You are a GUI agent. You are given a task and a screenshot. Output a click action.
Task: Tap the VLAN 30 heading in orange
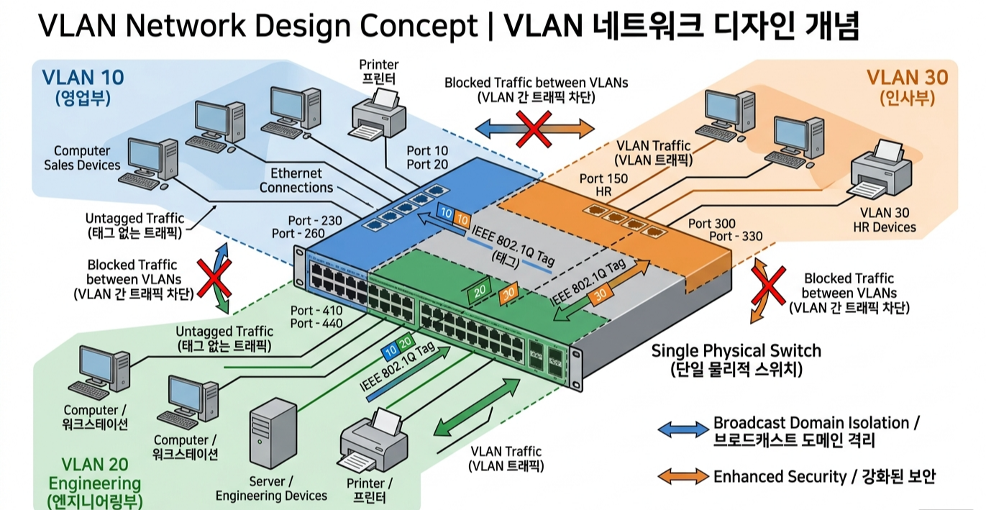coord(907,77)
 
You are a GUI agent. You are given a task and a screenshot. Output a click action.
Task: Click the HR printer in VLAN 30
coord(881,172)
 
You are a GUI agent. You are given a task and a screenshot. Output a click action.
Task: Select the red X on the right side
coord(768,286)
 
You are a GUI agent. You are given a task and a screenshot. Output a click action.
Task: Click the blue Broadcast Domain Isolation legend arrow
coord(683,429)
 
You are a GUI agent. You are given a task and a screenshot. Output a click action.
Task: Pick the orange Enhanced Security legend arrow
coord(683,476)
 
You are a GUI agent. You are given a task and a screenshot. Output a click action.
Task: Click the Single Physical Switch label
coord(736,351)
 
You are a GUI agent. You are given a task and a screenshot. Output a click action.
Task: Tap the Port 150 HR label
coord(603,186)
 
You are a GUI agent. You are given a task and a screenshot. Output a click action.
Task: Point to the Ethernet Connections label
coord(296,181)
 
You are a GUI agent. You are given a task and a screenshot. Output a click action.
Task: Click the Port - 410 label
coord(316,311)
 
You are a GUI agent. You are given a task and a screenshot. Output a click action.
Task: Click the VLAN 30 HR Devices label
coord(885,220)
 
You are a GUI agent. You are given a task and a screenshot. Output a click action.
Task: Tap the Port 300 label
coord(711,224)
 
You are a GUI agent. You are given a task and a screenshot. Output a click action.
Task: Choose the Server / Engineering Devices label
coord(271,488)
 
